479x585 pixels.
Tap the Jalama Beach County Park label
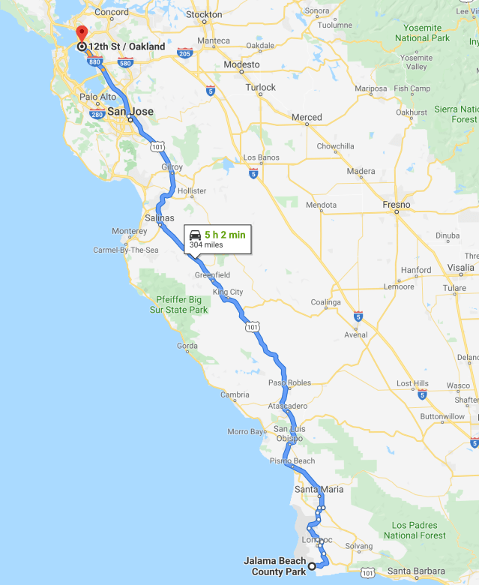click(x=275, y=566)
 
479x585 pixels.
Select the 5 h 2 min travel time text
click(x=225, y=235)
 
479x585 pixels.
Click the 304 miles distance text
click(x=206, y=245)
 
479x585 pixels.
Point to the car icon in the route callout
click(x=195, y=235)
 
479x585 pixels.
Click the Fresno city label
click(x=396, y=205)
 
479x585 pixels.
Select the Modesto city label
click(x=241, y=65)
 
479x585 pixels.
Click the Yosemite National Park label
click(x=422, y=33)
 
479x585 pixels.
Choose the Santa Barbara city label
click(x=417, y=571)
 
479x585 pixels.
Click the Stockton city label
click(x=204, y=15)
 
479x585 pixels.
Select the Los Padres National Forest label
click(x=415, y=530)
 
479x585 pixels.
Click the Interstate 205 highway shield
click(x=184, y=52)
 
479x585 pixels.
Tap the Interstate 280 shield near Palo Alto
click(x=96, y=114)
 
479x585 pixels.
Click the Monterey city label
click(x=129, y=231)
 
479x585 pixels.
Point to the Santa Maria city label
click(x=319, y=490)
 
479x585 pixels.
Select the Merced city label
click(x=307, y=118)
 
